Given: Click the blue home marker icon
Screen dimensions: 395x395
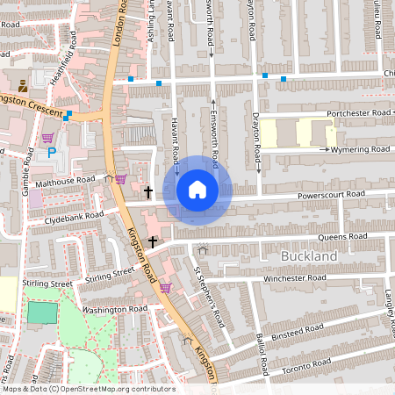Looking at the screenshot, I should click(197, 190).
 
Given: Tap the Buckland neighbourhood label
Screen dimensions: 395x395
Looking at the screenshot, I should click(309, 255).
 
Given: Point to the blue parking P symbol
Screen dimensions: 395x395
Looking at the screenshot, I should click(52, 152).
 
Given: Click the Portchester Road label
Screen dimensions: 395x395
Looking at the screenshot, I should click(357, 113).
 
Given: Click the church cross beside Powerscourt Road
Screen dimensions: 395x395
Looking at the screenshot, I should click(148, 190).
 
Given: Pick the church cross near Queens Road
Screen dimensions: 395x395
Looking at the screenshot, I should click(154, 241).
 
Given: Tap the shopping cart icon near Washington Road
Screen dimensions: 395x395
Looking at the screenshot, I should click(164, 287).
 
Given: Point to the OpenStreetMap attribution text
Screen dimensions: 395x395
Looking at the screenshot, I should click(88, 389).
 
